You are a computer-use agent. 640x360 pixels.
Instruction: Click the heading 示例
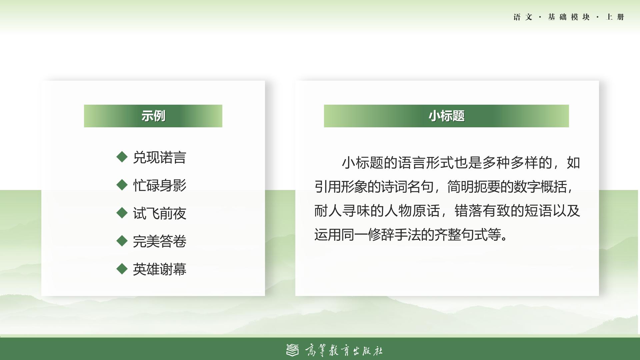(153, 116)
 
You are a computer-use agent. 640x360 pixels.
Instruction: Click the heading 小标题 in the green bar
(446, 116)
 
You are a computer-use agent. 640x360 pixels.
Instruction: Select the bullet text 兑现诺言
(159, 157)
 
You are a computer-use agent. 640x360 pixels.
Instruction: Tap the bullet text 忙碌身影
(159, 185)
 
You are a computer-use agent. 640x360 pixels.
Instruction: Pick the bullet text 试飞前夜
(159, 213)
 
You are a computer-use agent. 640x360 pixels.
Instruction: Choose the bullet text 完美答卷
(159, 241)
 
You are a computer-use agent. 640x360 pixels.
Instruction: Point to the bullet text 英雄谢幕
(159, 269)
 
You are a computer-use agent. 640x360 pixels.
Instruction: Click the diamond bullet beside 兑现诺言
(122, 157)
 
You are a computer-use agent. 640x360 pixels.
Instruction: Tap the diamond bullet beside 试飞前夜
(122, 213)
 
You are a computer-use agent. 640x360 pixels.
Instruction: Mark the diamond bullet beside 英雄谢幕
(122, 268)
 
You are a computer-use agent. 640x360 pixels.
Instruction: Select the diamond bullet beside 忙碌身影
(122, 185)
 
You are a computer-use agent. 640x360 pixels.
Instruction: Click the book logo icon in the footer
(292, 350)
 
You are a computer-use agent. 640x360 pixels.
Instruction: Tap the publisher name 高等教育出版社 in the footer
(344, 350)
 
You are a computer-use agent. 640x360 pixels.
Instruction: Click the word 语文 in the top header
(523, 17)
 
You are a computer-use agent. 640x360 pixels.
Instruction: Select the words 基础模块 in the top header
(569, 17)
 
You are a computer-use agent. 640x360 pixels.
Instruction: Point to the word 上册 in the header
(615, 17)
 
